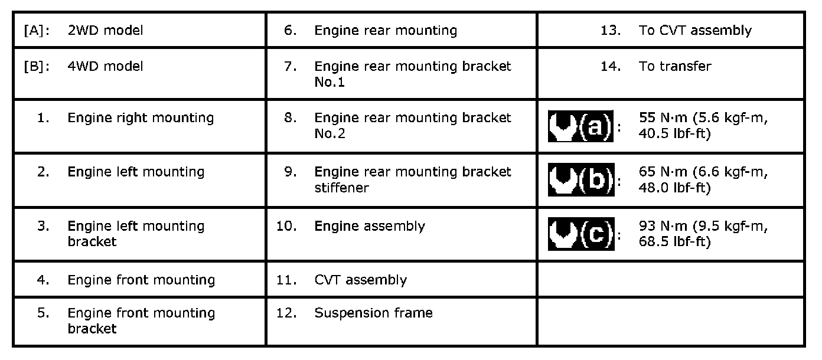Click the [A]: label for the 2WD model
pos(36,31)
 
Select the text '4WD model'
pos(105,67)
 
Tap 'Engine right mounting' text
pos(141,118)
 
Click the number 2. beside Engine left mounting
pos(43,172)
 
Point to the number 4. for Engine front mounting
pos(43,280)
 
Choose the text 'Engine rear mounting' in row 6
pos(386,31)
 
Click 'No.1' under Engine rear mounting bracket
pos(330,82)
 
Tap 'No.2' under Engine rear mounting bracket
pos(330,134)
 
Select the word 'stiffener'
pos(341,188)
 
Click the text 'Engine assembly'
pos(369,227)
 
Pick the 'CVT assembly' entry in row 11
pos(360,280)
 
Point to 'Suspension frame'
pos(373,313)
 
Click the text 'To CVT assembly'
pos(695,31)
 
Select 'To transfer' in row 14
pos(675,67)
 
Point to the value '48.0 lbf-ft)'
pos(674,188)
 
